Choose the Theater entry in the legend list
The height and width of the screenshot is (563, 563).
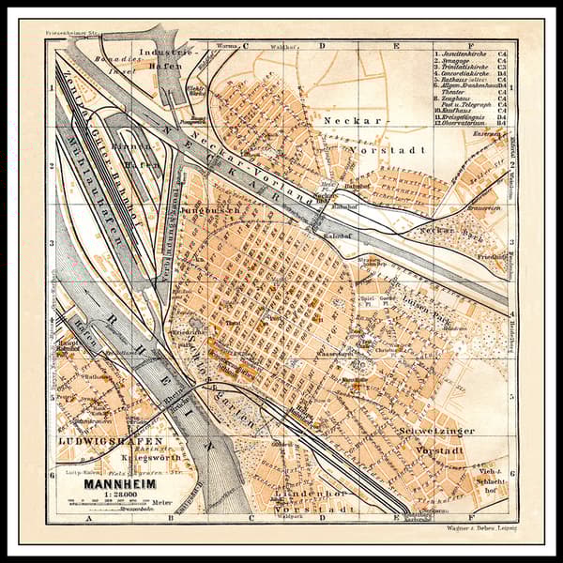pos(460,92)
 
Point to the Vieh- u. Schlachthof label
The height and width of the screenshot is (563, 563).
pos(489,474)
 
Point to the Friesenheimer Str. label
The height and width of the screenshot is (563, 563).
pos(71,32)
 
